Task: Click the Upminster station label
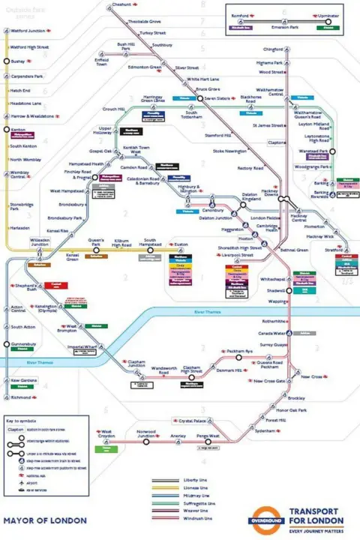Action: tap(327, 16)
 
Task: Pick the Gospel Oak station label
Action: tap(100, 151)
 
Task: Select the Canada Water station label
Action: tap(274, 333)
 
